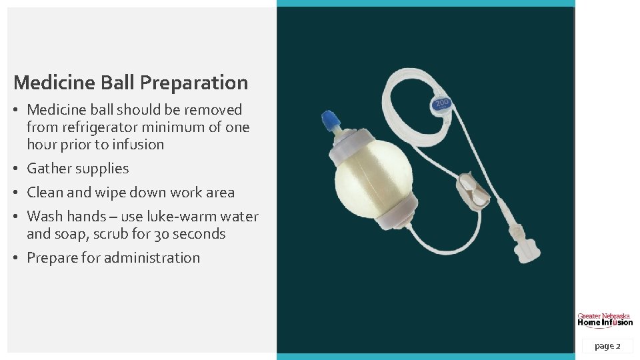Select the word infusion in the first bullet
(139, 144)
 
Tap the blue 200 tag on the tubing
(441, 104)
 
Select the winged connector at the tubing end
(525, 248)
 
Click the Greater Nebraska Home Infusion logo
(605, 319)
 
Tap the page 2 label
(607, 346)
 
